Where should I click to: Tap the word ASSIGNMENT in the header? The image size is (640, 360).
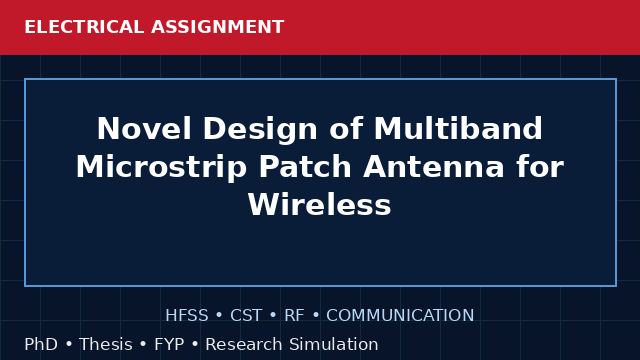coord(218,27)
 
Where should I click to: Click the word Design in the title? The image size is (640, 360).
coord(260,130)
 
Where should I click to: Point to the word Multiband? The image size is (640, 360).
coord(458,129)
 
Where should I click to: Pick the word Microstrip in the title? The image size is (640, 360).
coord(161,168)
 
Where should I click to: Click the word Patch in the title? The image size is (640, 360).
coord(305,167)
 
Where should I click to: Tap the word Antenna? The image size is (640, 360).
coord(433,167)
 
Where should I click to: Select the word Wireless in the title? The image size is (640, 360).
coord(320,205)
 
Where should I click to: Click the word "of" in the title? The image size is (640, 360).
coord(346,129)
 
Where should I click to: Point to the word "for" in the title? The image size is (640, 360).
coord(540,167)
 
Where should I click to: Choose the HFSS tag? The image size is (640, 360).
coord(187,316)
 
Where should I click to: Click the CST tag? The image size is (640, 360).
coord(246,316)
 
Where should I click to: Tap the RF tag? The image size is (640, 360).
coord(294,316)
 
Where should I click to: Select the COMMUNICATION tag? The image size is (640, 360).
coord(400,316)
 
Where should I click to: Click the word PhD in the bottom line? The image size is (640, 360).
coord(41,344)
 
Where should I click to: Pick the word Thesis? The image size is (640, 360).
coord(106,344)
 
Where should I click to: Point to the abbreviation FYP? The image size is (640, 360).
coord(169,344)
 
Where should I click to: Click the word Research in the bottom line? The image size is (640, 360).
coord(244,344)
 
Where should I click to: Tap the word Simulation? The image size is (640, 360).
coord(334,344)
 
